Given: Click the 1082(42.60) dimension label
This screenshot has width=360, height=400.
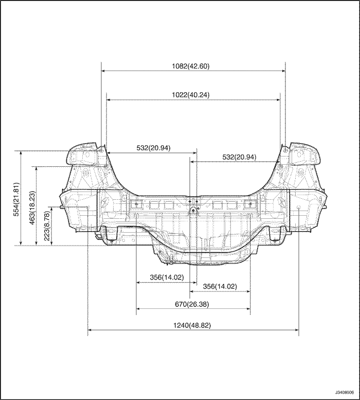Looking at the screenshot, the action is (191, 66).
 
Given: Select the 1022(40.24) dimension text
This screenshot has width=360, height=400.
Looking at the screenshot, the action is (191, 95).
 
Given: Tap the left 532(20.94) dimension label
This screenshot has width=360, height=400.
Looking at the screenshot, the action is (153, 148).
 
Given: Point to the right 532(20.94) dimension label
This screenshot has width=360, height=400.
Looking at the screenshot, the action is (239, 157).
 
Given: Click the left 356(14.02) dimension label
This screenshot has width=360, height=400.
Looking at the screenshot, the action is (167, 277).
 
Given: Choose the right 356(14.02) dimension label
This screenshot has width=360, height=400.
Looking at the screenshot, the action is (220, 286).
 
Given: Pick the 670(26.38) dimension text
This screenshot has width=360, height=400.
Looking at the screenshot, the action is (192, 304).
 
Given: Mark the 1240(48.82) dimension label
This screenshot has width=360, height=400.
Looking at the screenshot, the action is (192, 325).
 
